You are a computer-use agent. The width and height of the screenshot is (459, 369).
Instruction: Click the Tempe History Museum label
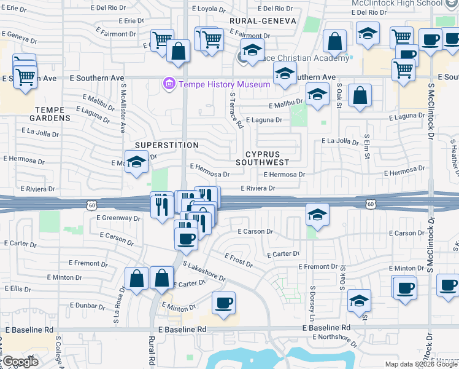click(224, 84)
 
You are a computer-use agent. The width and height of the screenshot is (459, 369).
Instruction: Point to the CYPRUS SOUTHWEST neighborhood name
click(267, 158)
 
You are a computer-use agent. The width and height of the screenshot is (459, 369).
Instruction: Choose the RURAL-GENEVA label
click(263, 21)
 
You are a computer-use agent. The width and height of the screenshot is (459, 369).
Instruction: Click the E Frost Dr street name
click(239, 261)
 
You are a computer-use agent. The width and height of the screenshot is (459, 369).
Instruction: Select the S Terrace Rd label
click(236, 111)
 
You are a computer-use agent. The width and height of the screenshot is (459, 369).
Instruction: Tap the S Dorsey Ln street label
click(312, 303)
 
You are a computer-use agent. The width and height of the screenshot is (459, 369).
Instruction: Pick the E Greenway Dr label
click(119, 218)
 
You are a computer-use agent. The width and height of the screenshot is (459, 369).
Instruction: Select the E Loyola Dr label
click(209, 9)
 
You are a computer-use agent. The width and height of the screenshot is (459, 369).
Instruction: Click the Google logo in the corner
click(20, 362)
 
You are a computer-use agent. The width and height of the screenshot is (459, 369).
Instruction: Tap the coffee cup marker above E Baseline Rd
click(223, 303)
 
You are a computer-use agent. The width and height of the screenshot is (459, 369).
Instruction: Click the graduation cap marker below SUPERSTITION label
click(137, 162)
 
